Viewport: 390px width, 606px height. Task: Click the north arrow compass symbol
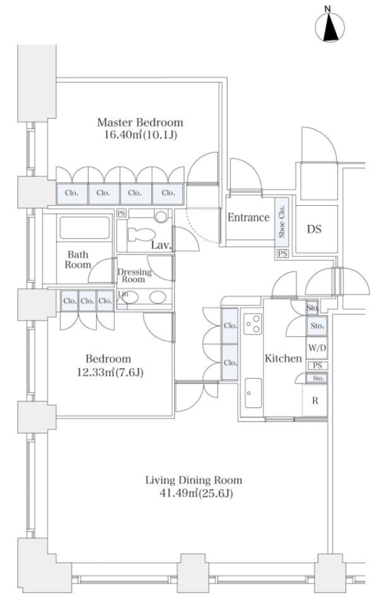(330, 27)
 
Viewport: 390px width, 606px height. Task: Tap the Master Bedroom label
(140, 123)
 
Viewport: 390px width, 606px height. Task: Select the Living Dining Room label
(194, 481)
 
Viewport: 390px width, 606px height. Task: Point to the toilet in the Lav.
(142, 234)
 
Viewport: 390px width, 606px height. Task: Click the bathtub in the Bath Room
(84, 228)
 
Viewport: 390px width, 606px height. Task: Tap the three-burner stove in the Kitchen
(253, 324)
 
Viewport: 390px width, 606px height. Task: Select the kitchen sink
(253, 393)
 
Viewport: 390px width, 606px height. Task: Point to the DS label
(314, 229)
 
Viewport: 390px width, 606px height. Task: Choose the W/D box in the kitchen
(317, 348)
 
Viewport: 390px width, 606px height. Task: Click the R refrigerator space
(315, 401)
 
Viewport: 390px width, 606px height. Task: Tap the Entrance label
(248, 217)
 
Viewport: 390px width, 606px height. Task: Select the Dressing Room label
(134, 275)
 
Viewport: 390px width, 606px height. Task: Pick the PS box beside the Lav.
(121, 213)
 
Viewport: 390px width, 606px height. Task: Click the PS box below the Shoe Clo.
(282, 253)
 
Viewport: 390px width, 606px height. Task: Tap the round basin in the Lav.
(161, 216)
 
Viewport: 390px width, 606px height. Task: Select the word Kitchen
(283, 358)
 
